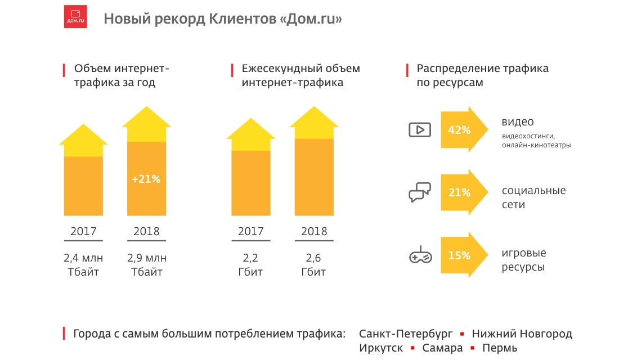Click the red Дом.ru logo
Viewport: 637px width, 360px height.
coord(75,17)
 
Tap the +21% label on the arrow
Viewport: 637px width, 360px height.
coord(146,179)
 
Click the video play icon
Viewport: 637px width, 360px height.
coord(420,130)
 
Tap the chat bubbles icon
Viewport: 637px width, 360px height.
coord(420,192)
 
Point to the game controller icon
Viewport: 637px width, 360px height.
coord(420,256)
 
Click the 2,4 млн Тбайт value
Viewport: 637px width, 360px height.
coord(83,265)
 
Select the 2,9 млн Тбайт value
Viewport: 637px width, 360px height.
coord(146,265)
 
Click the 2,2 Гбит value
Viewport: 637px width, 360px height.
coord(250,265)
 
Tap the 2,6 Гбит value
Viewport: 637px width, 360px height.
coord(314,265)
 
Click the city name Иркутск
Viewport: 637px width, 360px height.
coord(381,348)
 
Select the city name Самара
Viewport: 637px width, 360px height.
coord(442,348)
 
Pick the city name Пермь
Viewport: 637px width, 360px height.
coord(499,348)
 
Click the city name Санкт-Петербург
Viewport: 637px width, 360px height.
coord(406,334)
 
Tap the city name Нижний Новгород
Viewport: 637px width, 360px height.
coord(522,334)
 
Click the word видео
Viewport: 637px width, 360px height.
coord(518,122)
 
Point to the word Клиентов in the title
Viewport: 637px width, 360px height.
coord(240,19)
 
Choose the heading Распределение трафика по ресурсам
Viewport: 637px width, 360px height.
coord(482,75)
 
